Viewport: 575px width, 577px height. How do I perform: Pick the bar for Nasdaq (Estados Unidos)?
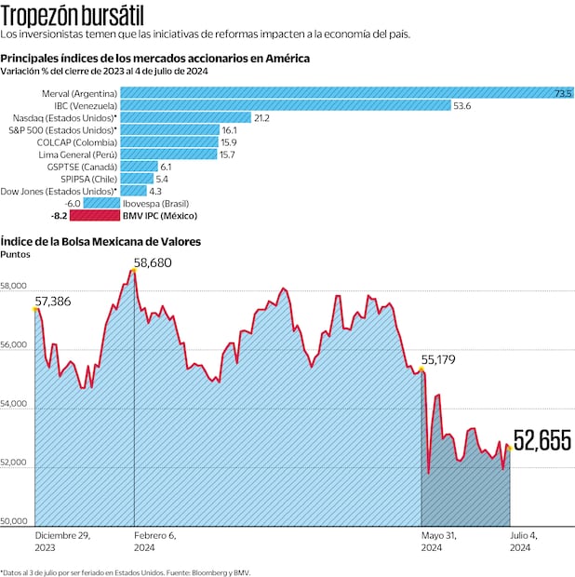(x=186, y=117)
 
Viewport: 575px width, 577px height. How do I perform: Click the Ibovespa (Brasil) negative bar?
(x=102, y=203)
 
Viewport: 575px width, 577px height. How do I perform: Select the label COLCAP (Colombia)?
(x=78, y=142)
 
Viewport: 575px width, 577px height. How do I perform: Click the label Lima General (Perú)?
(x=77, y=154)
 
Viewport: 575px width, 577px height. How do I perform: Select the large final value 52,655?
(x=542, y=440)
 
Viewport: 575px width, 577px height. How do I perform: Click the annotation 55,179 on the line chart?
(x=440, y=359)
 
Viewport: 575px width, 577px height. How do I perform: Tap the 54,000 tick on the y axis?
(x=15, y=407)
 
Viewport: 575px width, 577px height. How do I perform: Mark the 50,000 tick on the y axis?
(x=15, y=522)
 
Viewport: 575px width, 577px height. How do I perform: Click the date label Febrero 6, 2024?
(x=155, y=542)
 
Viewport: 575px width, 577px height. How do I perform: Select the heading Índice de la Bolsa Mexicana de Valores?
(x=100, y=241)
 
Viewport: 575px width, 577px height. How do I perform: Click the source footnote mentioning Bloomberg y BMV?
(x=126, y=571)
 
